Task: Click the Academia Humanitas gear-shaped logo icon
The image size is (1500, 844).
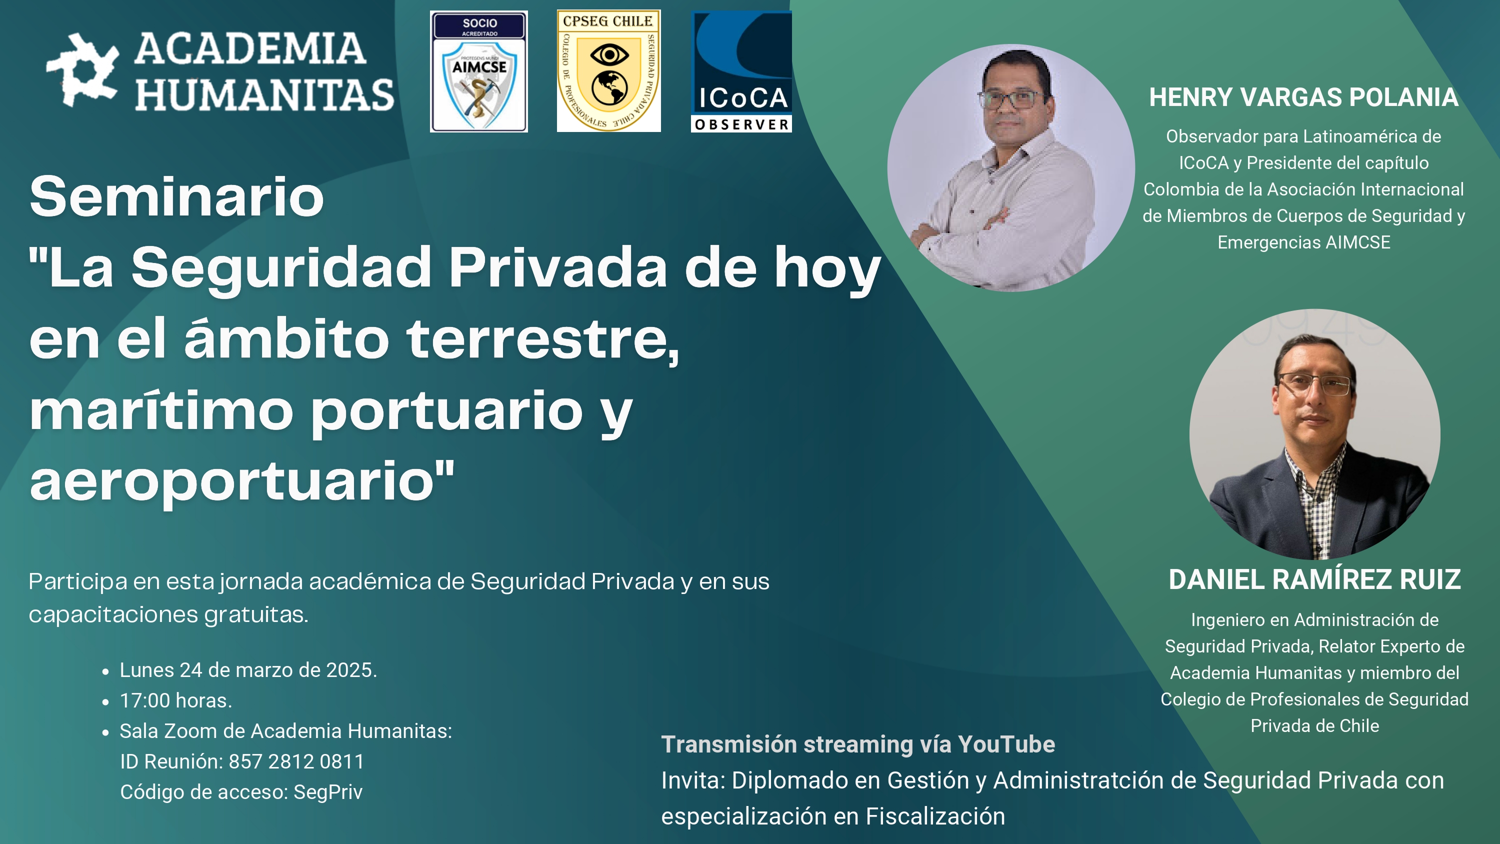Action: click(82, 70)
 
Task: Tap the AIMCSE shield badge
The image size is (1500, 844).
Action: click(478, 71)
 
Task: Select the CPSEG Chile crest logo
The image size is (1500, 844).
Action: click(608, 71)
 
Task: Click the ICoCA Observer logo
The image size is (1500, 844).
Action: click(741, 71)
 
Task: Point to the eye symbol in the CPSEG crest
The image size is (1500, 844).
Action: click(609, 56)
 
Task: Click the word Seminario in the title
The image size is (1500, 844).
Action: click(176, 197)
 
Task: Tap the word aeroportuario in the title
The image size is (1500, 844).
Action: click(232, 481)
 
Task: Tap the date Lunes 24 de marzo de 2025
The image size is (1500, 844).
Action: click(248, 670)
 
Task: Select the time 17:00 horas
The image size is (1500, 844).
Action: click(176, 700)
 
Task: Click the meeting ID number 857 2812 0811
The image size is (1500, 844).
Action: click(296, 761)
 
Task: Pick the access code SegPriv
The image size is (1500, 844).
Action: click(328, 792)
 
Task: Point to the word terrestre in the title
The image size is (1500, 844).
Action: click(542, 339)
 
